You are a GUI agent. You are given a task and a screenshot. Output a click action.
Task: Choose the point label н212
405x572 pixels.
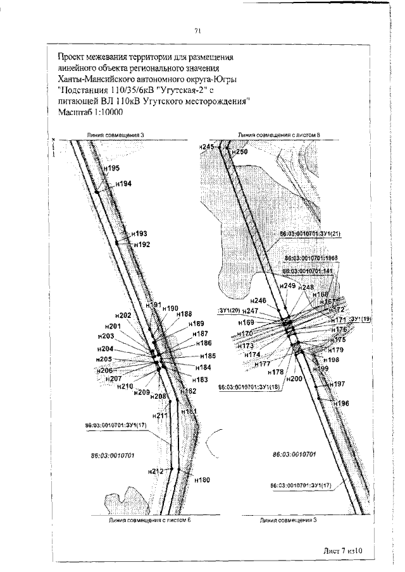(x=155, y=472)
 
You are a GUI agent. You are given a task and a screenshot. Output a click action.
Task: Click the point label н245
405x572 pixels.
(x=207, y=147)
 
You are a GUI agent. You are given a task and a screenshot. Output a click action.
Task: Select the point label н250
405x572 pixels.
(x=239, y=152)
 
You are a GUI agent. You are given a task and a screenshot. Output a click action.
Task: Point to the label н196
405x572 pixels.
(x=342, y=403)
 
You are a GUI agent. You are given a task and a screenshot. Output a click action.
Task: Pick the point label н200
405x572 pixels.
(x=294, y=379)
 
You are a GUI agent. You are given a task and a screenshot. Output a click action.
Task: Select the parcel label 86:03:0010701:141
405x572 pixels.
(x=309, y=271)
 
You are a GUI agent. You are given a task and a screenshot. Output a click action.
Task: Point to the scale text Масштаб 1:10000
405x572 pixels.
(x=90, y=112)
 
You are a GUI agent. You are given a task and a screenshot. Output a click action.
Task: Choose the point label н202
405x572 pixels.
(x=123, y=315)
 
